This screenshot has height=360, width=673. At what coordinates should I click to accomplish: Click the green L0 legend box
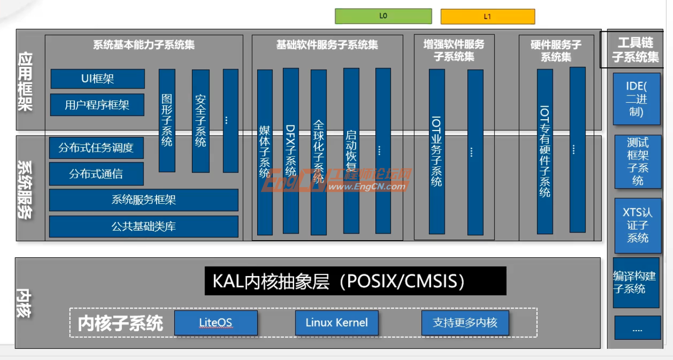(383, 16)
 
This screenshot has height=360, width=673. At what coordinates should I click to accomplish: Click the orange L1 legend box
(488, 17)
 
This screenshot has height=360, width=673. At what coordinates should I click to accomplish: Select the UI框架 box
(98, 79)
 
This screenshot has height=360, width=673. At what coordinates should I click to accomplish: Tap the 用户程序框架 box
(97, 105)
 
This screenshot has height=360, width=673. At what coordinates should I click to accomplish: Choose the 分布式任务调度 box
(96, 148)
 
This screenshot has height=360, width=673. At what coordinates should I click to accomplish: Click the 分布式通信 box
(96, 174)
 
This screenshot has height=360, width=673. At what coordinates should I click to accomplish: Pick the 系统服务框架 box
(143, 200)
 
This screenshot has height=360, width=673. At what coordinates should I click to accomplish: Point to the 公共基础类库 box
(143, 227)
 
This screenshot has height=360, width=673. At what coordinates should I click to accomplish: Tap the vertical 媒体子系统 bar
(265, 152)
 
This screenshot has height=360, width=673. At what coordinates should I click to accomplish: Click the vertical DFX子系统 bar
(291, 151)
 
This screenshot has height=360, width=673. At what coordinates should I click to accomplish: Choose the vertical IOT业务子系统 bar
(437, 152)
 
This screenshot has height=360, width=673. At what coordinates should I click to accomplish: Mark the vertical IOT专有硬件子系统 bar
(545, 152)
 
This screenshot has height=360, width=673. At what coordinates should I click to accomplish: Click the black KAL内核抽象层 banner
(355, 281)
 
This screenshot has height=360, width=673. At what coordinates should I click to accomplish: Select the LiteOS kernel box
(216, 323)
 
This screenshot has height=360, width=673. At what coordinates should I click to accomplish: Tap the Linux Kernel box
(336, 323)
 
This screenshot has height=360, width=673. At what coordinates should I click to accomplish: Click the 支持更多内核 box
(465, 323)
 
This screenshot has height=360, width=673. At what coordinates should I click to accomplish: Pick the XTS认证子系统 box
(638, 226)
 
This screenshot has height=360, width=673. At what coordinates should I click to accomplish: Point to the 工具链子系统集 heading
(635, 50)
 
